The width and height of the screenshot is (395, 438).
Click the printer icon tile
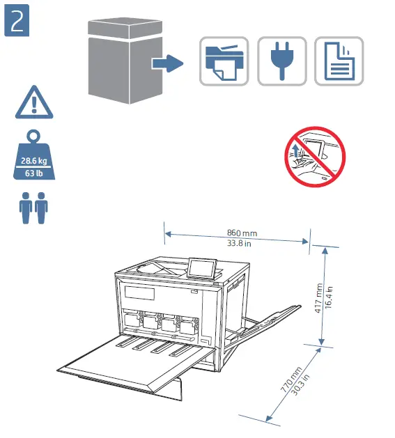tap(223, 61)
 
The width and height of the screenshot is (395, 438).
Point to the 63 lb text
tap(31, 172)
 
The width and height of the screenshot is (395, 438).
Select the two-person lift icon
tap(31, 208)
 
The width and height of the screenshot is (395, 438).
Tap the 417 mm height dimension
tap(319, 297)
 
